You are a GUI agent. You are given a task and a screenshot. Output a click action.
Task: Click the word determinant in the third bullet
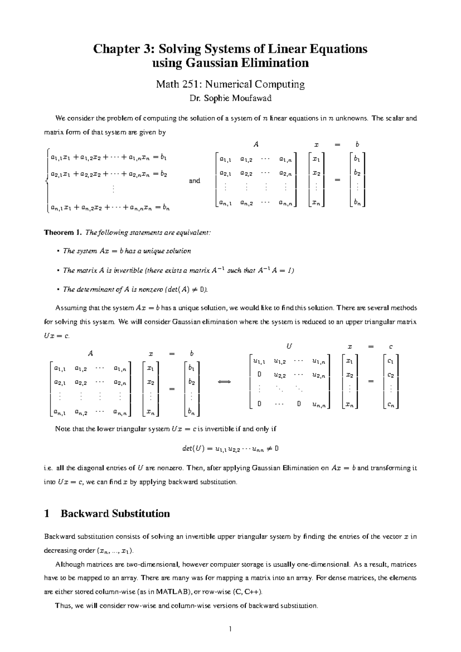[96, 289]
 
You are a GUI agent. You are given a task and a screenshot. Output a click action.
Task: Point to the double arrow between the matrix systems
[224, 382]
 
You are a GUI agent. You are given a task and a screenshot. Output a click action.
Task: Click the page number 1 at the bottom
[230, 629]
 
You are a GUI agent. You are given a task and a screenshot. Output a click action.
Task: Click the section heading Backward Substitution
[115, 514]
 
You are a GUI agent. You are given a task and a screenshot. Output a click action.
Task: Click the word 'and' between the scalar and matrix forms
[194, 181]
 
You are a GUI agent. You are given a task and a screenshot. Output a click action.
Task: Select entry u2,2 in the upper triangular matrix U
[279, 375]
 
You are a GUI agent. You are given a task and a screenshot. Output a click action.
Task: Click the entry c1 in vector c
[390, 361]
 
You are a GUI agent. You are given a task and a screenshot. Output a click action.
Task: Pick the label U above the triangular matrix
[289, 346]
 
